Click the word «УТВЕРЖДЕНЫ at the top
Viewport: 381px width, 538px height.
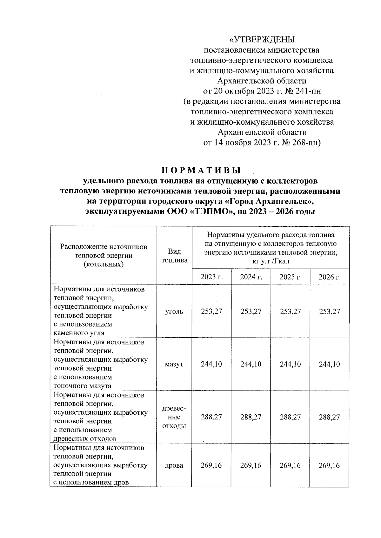262,40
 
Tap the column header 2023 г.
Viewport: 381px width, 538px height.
212,277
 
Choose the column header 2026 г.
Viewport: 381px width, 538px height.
330,277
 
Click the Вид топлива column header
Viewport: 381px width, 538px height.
174,256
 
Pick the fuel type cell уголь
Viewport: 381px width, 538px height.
174,312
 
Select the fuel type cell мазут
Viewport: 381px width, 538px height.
174,364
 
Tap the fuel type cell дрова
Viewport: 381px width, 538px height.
174,466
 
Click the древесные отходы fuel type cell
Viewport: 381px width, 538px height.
174,417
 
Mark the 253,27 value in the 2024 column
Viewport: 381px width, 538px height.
251,312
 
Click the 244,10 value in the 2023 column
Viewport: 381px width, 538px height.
211,364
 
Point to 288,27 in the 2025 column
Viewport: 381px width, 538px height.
290,417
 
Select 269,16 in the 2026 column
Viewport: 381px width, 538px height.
330,466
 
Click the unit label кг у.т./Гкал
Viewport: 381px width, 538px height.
271,261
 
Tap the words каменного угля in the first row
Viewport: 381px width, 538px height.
79,333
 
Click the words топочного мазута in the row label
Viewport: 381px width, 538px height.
83,386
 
